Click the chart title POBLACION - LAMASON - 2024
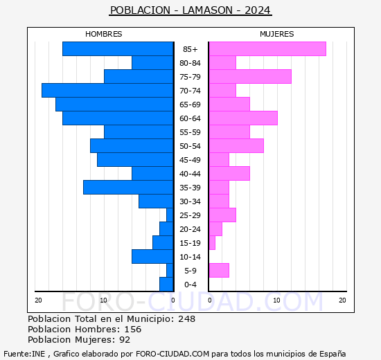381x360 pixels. pyautogui.click(x=190, y=10)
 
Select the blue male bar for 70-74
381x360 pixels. pyautogui.click(x=107, y=90)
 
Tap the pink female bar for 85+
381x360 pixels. pyautogui.click(x=267, y=48)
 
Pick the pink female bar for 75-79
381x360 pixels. pyautogui.click(x=249, y=76)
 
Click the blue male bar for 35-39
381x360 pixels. pyautogui.click(x=128, y=187)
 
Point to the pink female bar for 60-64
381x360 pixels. pyautogui.click(x=242, y=118)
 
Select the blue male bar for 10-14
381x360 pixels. pyautogui.click(x=152, y=256)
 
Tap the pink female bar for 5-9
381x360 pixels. pyautogui.click(x=218, y=270)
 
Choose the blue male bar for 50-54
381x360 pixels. pyautogui.click(x=132, y=145)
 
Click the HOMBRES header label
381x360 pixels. pyautogui.click(x=104, y=34)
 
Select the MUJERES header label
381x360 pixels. pyautogui.click(x=276, y=34)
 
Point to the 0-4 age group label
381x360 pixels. pyautogui.click(x=190, y=285)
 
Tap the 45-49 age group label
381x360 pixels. pyautogui.click(x=190, y=160)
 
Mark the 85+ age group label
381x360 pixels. pyautogui.click(x=190, y=49)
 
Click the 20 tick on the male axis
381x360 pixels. pyautogui.click(x=39, y=300)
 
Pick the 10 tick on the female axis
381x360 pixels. pyautogui.click(x=276, y=300)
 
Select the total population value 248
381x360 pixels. pyautogui.click(x=186, y=318)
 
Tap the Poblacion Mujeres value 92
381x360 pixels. pyautogui.click(x=125, y=339)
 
